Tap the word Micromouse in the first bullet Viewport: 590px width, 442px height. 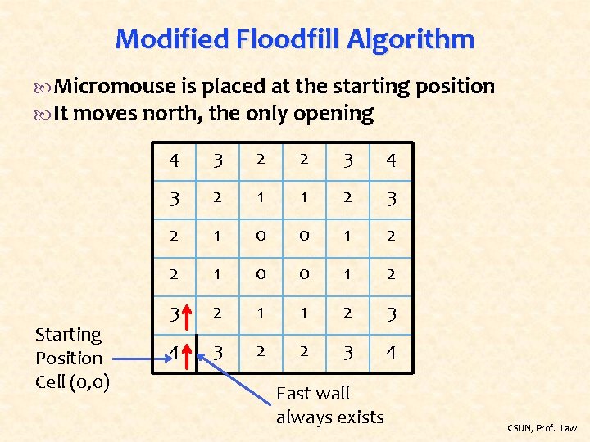[115, 87]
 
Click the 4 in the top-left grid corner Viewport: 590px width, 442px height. [174, 160]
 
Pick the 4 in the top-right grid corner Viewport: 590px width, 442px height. [391, 160]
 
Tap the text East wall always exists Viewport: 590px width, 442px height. [329, 405]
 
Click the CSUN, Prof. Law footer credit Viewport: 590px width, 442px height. [542, 428]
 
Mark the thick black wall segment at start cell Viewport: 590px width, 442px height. [197, 354]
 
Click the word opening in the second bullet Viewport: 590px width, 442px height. [337, 114]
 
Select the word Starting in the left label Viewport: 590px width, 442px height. [68, 335]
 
